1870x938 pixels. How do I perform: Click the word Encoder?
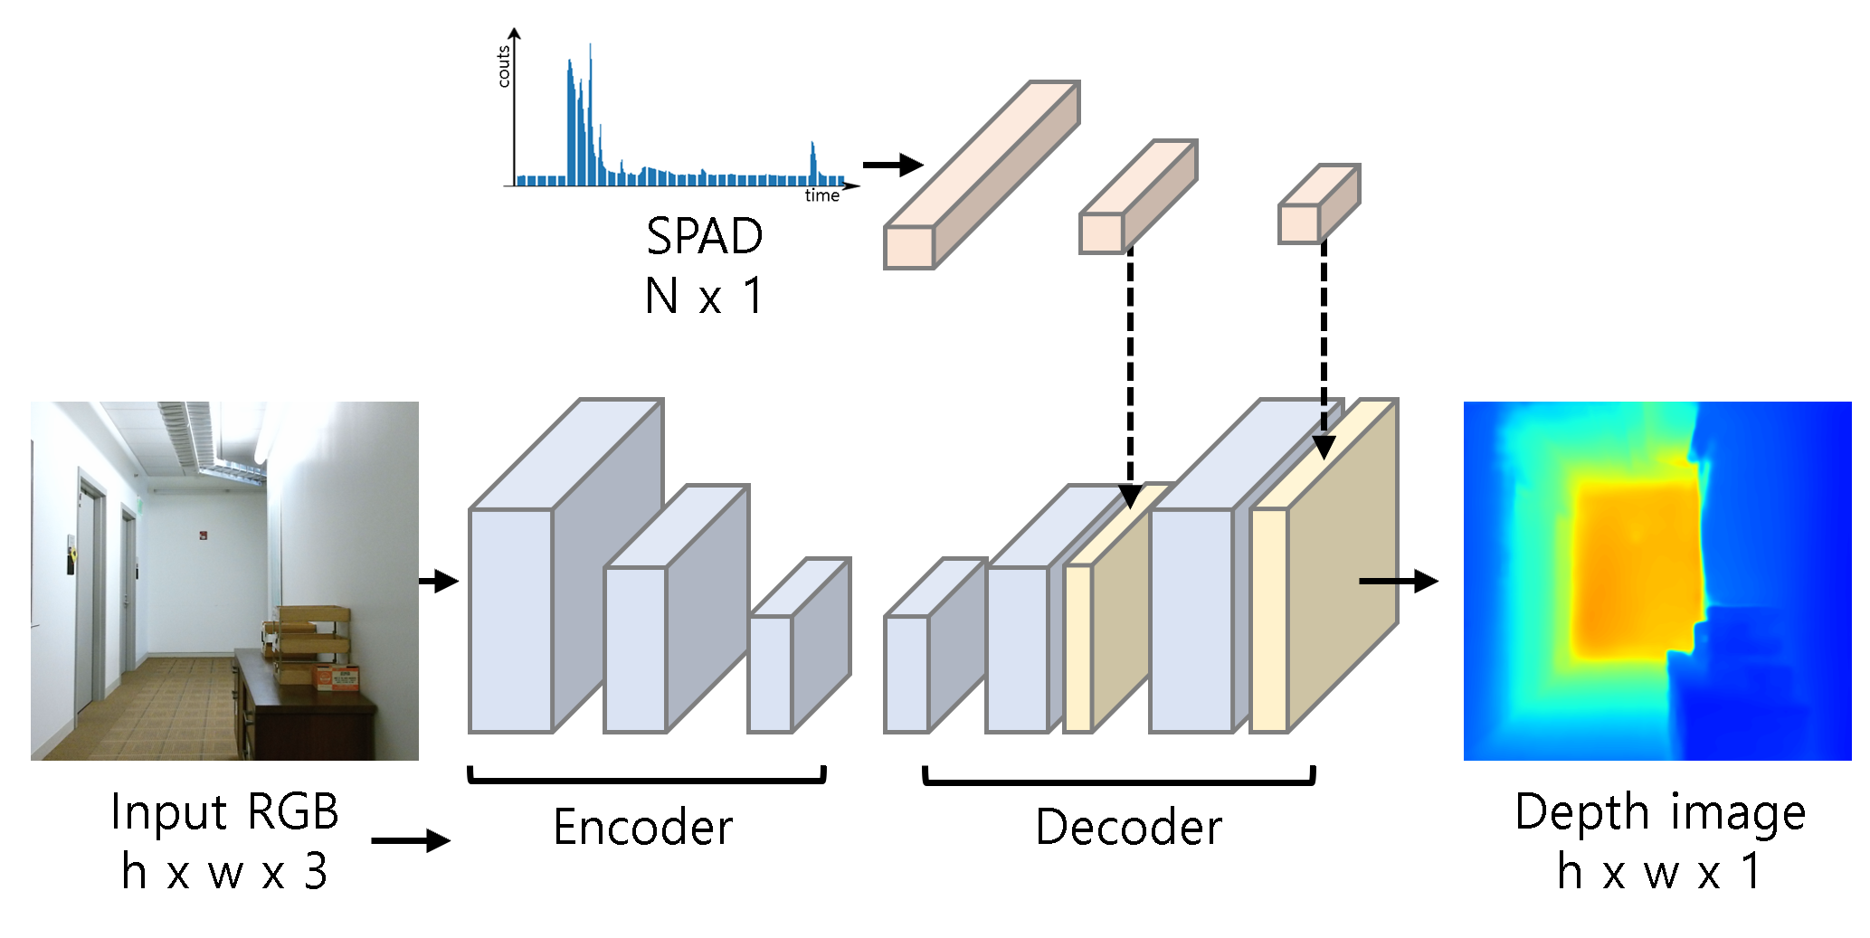pyautogui.click(x=642, y=828)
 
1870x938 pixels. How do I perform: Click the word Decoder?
pyautogui.click(x=1128, y=828)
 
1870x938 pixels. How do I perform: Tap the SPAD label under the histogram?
pyautogui.click(x=704, y=236)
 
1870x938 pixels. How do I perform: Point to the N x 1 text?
pyautogui.click(x=704, y=296)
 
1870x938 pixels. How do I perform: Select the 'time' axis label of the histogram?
pyautogui.click(x=821, y=195)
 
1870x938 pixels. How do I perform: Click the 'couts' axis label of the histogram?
pyautogui.click(x=504, y=67)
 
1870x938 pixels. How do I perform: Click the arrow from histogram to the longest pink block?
pyautogui.click(x=892, y=165)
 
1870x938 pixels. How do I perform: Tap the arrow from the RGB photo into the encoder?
pyautogui.click(x=439, y=581)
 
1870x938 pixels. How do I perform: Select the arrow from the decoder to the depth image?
pyautogui.click(x=1398, y=581)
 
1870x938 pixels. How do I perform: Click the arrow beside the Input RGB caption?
pyautogui.click(x=410, y=840)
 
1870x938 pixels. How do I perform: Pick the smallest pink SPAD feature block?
pyautogui.click(x=1318, y=205)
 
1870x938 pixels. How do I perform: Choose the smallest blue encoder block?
pyautogui.click(x=796, y=647)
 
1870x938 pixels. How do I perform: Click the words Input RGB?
pyautogui.click(x=224, y=811)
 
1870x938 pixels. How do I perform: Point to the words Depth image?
pyautogui.click(x=1660, y=811)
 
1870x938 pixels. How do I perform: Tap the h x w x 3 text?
pyautogui.click(x=224, y=872)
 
